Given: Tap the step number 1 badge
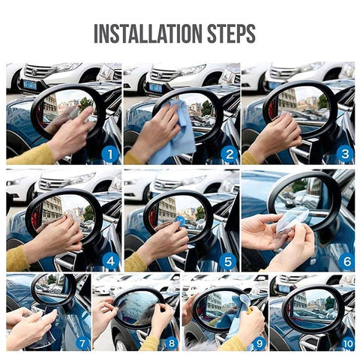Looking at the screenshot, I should tap(110, 155).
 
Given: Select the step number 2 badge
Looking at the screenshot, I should tap(229, 155).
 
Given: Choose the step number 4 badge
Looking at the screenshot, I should tap(110, 262).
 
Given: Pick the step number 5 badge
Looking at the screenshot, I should tap(228, 262).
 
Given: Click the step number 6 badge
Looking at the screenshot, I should tap(346, 262).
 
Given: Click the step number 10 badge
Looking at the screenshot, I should tap(346, 343).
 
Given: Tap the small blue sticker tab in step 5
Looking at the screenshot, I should tap(181, 221).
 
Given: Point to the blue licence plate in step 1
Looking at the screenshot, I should tap(30, 85).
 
